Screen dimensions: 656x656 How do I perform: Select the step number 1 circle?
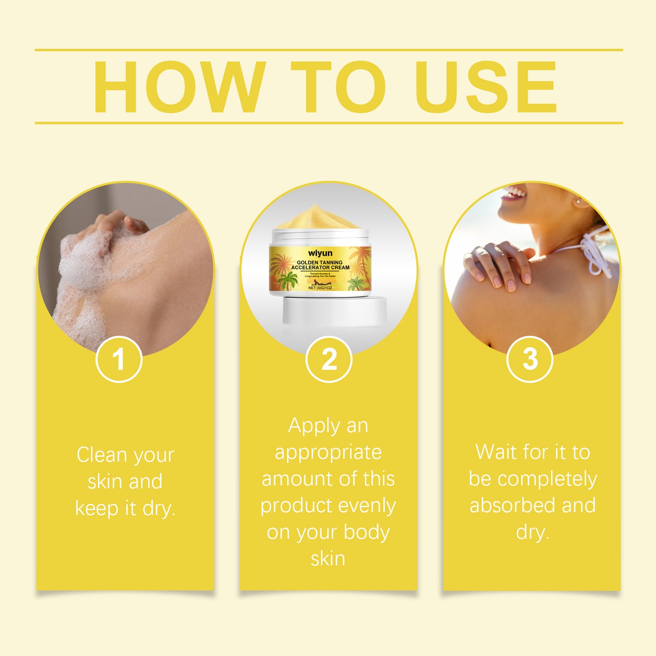pos(119,359)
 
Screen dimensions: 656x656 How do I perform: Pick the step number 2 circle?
pos(329,359)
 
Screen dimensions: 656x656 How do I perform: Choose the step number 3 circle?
pos(529,359)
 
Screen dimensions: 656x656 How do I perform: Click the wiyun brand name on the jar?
pos(320,253)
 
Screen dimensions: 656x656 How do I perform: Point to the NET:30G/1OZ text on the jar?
pos(320,288)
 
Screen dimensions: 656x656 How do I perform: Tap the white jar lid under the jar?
pos(335,311)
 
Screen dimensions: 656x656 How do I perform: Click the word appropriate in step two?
pos(328,453)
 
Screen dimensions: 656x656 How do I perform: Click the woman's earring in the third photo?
pos(578,201)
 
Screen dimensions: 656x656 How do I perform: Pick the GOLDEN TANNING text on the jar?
pos(320,262)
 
